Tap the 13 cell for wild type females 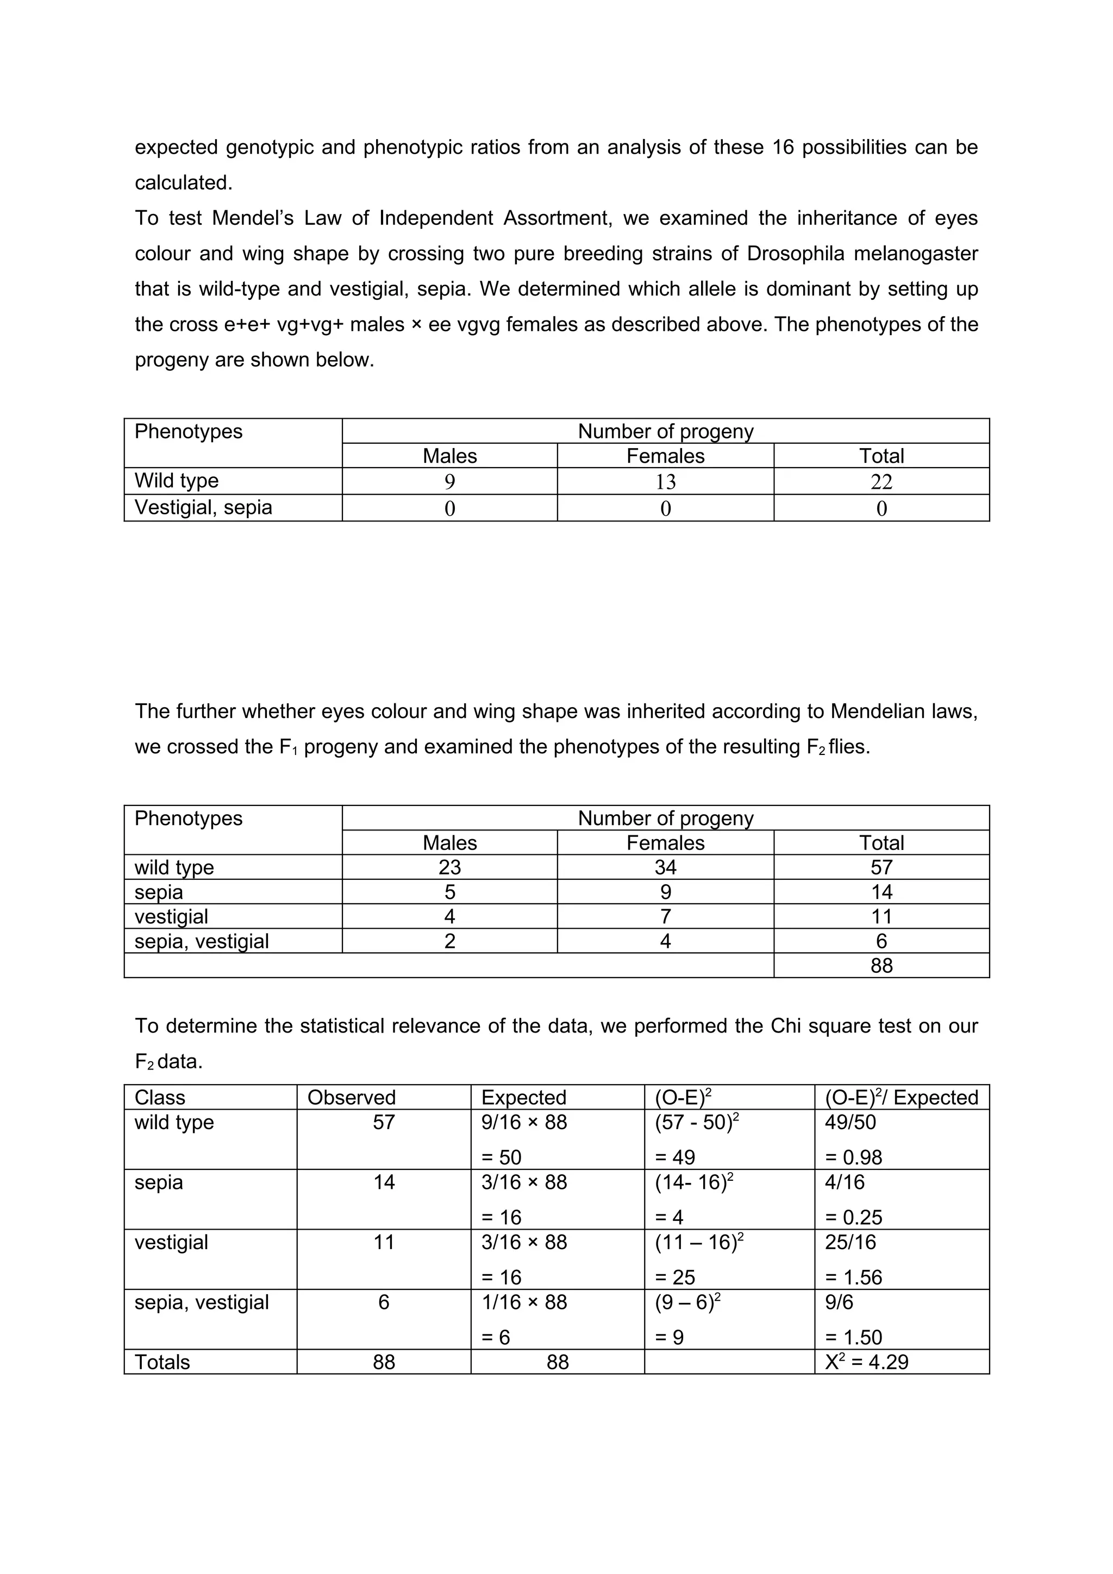point(665,482)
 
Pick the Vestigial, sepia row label point(203,507)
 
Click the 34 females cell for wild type point(665,867)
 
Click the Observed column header point(351,1098)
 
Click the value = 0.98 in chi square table point(853,1157)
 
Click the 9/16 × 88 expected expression point(524,1122)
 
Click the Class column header point(159,1098)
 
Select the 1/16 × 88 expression point(524,1302)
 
